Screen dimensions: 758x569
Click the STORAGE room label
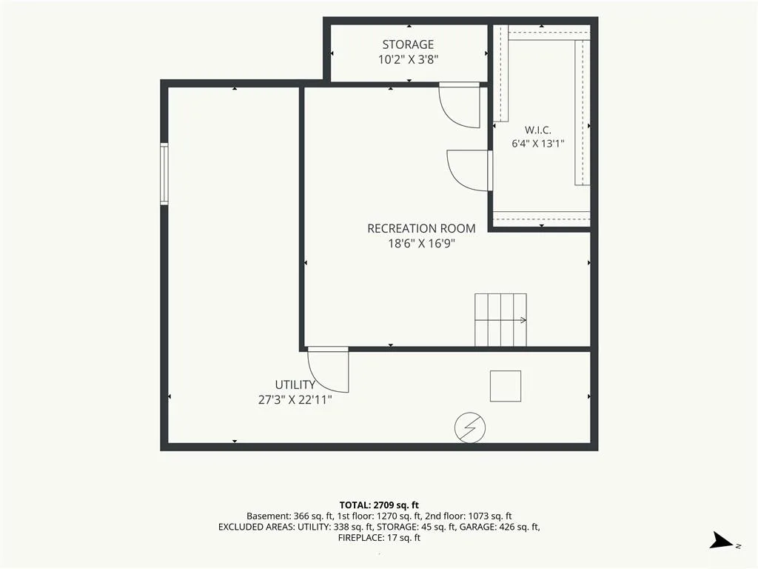point(408,44)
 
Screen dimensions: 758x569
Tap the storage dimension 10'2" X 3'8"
point(408,59)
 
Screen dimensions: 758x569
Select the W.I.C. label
point(537,130)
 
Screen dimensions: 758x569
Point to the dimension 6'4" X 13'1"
point(537,144)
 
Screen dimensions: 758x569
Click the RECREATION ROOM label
point(421,228)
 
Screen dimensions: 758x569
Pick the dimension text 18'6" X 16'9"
point(421,243)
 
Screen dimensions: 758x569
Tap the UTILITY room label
point(295,385)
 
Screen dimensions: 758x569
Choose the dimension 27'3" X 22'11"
point(295,399)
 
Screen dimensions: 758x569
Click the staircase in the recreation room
point(500,320)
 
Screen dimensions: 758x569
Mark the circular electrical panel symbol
point(470,427)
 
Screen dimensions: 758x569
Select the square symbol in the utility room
point(505,386)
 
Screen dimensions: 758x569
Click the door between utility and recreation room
point(328,370)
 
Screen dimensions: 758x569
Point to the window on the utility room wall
point(164,173)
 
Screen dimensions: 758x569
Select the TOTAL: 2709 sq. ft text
point(379,505)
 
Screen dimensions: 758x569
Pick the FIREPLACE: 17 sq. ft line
point(379,538)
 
